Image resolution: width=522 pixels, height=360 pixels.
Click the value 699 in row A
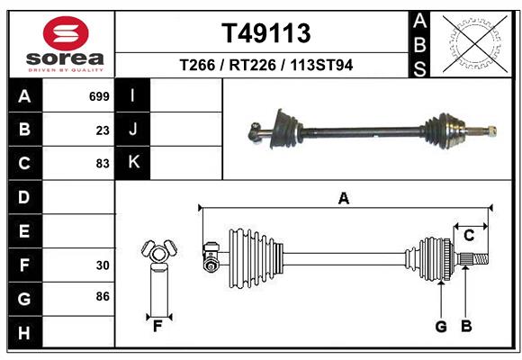click(99, 96)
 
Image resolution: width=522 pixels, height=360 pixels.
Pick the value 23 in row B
click(102, 130)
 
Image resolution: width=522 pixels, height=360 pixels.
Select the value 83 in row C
click(102, 164)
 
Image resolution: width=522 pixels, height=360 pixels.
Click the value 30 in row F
click(102, 265)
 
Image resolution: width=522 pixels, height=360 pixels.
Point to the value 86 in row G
click(102, 296)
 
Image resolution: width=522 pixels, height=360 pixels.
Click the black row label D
click(24, 197)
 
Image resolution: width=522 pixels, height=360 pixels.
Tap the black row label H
click(24, 333)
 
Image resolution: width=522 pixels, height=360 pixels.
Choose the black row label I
click(133, 96)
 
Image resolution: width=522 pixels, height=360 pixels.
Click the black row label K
click(133, 163)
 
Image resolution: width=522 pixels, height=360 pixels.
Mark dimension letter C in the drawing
click(469, 235)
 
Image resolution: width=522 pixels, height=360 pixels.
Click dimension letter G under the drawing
click(440, 326)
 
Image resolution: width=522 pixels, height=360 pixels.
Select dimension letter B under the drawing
click(465, 326)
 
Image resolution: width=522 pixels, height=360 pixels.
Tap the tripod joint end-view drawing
click(157, 254)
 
